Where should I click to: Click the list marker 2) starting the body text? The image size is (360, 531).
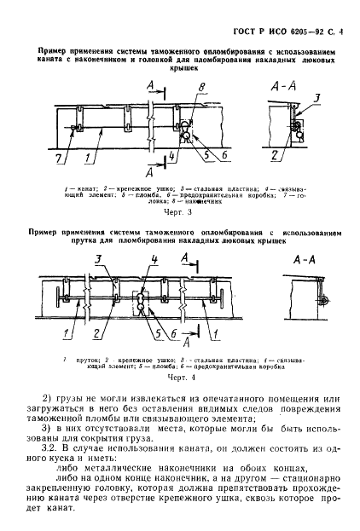[48, 398]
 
